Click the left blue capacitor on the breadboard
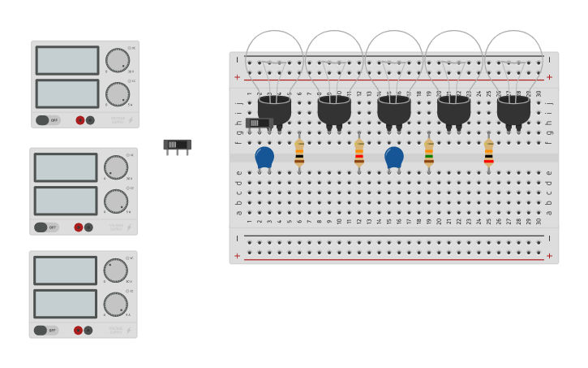pyautogui.click(x=264, y=157)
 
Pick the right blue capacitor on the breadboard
pyautogui.click(x=394, y=157)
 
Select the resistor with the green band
pyautogui.click(x=429, y=152)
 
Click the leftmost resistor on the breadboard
pyautogui.click(x=299, y=152)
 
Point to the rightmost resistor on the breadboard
pyautogui.click(x=489, y=152)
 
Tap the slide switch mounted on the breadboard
pyautogui.click(x=258, y=123)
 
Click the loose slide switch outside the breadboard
pyautogui.click(x=178, y=145)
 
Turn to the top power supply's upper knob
pyautogui.click(x=118, y=59)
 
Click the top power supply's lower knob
pyautogui.click(x=118, y=93)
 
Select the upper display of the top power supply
pyautogui.click(x=67, y=60)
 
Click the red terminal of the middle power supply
pyautogui.click(x=79, y=227)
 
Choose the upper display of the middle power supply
pyautogui.click(x=66, y=167)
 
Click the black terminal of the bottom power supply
pyautogui.click(x=88, y=331)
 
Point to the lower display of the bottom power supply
pyautogui.click(x=65, y=304)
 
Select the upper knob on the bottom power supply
pyautogui.click(x=115, y=270)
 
